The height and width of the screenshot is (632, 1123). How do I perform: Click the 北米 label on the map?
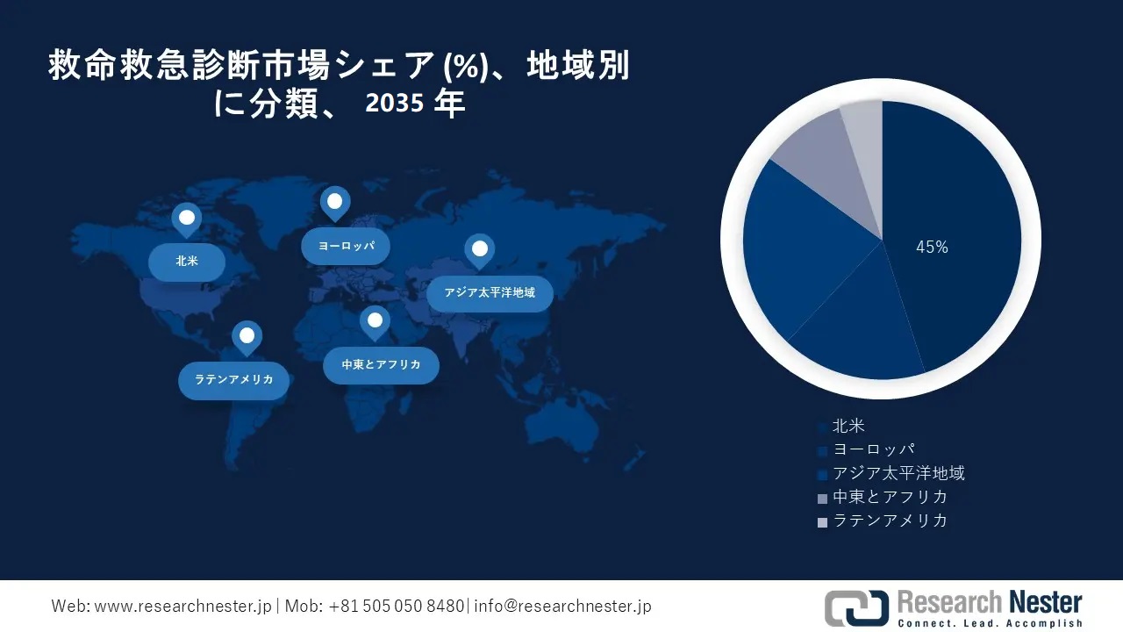(x=186, y=262)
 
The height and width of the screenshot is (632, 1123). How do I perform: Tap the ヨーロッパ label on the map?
(x=346, y=246)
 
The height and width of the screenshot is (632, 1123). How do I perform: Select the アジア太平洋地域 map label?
(x=490, y=292)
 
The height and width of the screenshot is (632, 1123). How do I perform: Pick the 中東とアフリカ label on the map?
(x=381, y=364)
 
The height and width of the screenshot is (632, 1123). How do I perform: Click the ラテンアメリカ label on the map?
(x=233, y=380)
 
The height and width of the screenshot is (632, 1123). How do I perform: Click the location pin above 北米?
(x=186, y=218)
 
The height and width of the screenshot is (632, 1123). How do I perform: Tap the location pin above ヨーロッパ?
(x=334, y=202)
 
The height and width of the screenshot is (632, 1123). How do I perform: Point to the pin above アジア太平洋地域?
(x=479, y=249)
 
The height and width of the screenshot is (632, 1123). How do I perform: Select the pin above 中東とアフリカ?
(x=375, y=320)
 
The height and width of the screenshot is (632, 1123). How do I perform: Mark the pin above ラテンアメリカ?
(x=247, y=335)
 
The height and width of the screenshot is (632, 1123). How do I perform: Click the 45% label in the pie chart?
(x=932, y=248)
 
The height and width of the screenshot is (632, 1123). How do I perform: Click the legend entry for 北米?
(x=848, y=427)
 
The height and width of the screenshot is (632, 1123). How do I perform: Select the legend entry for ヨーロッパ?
(x=874, y=450)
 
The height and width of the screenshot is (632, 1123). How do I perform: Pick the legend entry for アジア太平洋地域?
(x=898, y=474)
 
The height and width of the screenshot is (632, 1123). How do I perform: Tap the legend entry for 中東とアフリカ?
(x=890, y=498)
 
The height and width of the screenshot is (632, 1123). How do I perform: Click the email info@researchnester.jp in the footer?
(x=562, y=607)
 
